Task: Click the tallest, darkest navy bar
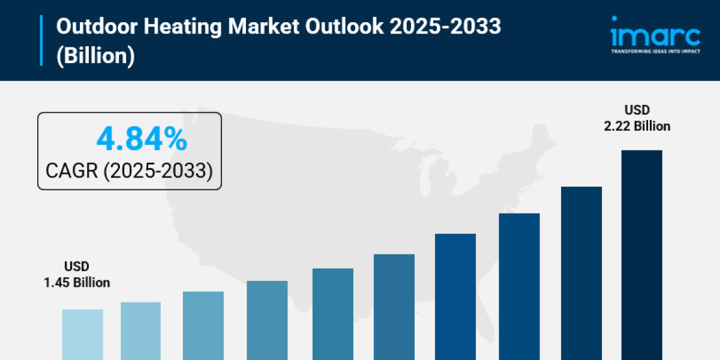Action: pyautogui.click(x=641, y=255)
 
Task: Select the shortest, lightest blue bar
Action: pyautogui.click(x=82, y=334)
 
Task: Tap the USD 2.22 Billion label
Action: pyautogui.click(x=637, y=118)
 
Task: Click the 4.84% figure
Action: pyautogui.click(x=142, y=140)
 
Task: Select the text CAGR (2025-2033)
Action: pyautogui.click(x=130, y=171)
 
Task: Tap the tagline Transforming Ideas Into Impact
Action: pyautogui.click(x=655, y=52)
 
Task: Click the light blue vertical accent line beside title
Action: pyautogui.click(x=41, y=40)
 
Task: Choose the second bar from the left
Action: pyautogui.click(x=140, y=331)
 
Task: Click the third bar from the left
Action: pyautogui.click(x=203, y=325)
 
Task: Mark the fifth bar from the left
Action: pyautogui.click(x=333, y=314)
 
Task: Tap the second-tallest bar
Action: pyautogui.click(x=581, y=273)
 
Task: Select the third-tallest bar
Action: pyautogui.click(x=519, y=286)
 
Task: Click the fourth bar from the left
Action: pyautogui.click(x=267, y=320)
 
